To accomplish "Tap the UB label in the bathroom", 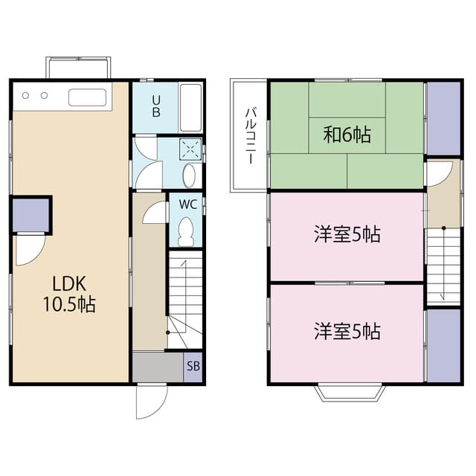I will click(156, 107).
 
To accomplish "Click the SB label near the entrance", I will click(193, 366).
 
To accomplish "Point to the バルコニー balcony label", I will click(251, 136).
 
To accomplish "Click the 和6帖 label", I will click(347, 135).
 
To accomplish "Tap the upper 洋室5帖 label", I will click(347, 234).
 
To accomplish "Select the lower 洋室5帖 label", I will click(347, 331).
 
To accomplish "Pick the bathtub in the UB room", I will click(191, 108).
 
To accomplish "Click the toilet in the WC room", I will click(186, 231).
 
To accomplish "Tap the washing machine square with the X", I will click(191, 149).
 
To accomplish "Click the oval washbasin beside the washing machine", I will click(189, 175).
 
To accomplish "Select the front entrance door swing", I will click(151, 402).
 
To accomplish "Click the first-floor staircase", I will click(185, 297).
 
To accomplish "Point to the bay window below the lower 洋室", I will click(347, 392).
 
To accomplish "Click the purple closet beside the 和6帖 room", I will click(443, 118).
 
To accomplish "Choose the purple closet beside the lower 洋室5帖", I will click(443, 345).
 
